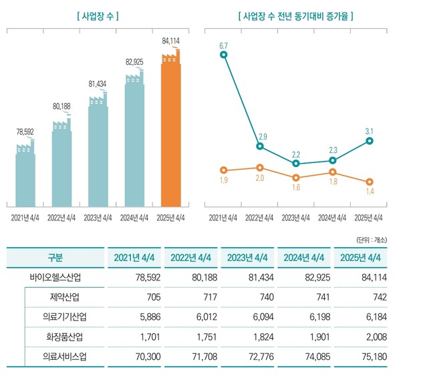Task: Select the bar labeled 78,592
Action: (25, 177)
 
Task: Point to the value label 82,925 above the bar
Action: (134, 62)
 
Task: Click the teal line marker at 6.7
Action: (223, 54)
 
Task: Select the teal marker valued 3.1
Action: (370, 141)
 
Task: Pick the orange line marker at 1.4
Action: (370, 182)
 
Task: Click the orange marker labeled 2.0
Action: (260, 168)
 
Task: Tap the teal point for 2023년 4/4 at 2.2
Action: (296, 164)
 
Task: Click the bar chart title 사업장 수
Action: (98, 15)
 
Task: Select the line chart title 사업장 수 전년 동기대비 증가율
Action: (295, 15)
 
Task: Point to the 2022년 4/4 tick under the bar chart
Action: (62, 217)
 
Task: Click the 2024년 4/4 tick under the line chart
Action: (333, 217)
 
